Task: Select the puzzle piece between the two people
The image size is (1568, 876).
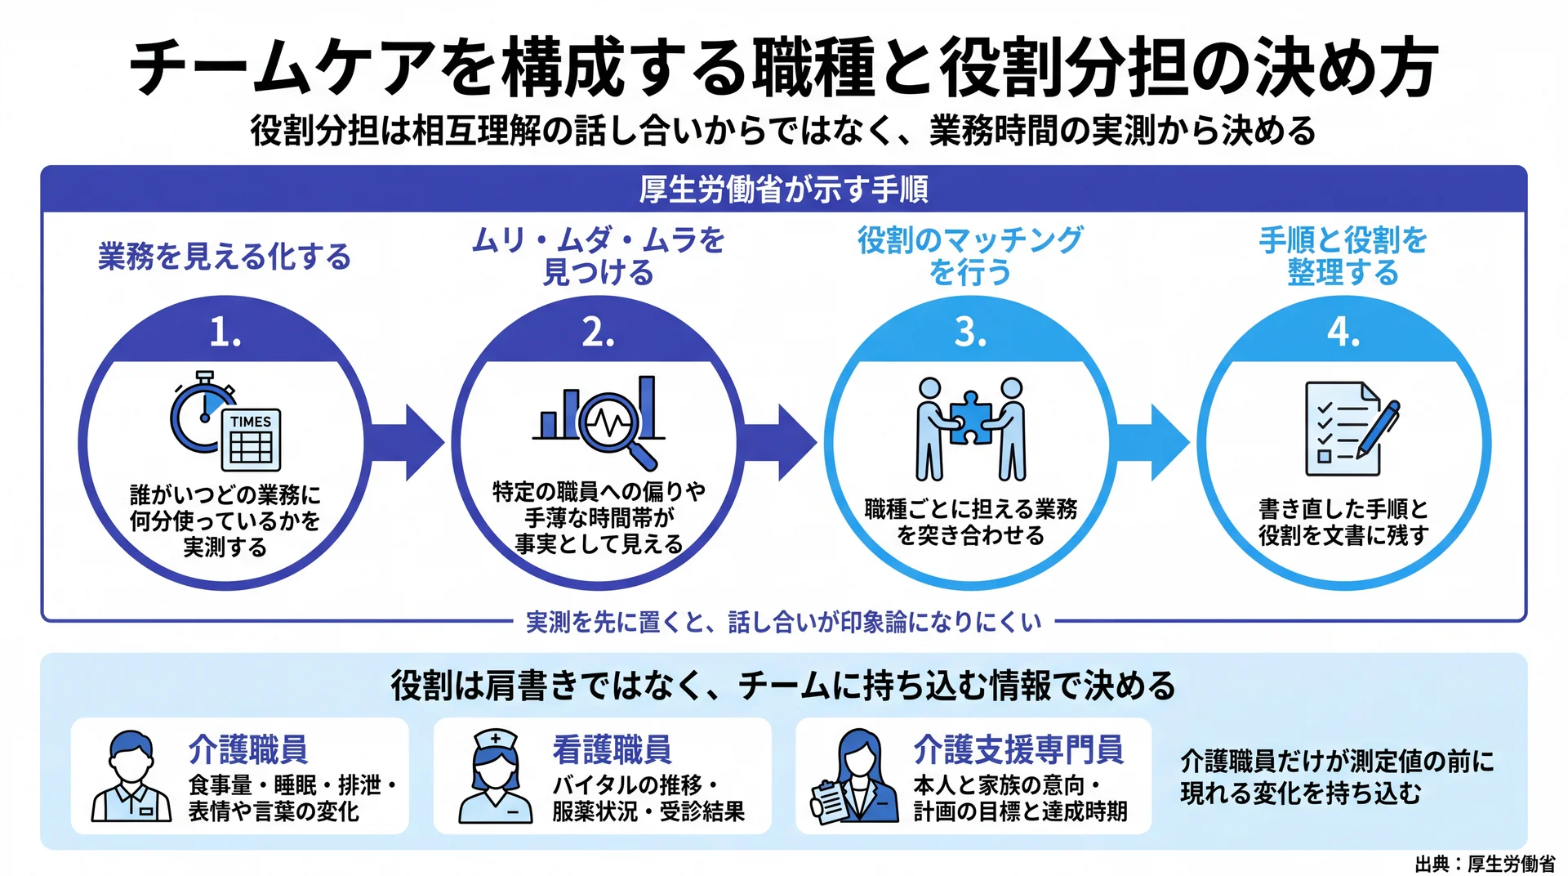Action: (x=970, y=418)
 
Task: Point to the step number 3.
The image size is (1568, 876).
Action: (x=970, y=333)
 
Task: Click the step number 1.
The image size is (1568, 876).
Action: (x=225, y=333)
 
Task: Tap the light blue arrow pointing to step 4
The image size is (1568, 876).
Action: (x=1152, y=443)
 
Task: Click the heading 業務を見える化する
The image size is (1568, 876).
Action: (x=225, y=257)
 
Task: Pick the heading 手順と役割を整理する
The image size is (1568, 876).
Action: (x=1343, y=256)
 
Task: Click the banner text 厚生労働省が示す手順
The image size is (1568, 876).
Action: (x=783, y=190)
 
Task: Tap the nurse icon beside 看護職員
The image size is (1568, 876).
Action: (x=496, y=776)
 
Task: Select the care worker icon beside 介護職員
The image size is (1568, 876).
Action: (x=131, y=776)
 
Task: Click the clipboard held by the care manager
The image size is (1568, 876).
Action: (x=830, y=802)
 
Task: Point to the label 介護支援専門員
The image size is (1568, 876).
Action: (x=1018, y=749)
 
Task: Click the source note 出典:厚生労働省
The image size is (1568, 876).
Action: (x=1485, y=864)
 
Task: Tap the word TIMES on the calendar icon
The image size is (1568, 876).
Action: (x=251, y=422)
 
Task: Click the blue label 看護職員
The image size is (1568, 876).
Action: (x=612, y=749)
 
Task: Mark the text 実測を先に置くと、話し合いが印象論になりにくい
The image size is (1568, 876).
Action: (x=783, y=623)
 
